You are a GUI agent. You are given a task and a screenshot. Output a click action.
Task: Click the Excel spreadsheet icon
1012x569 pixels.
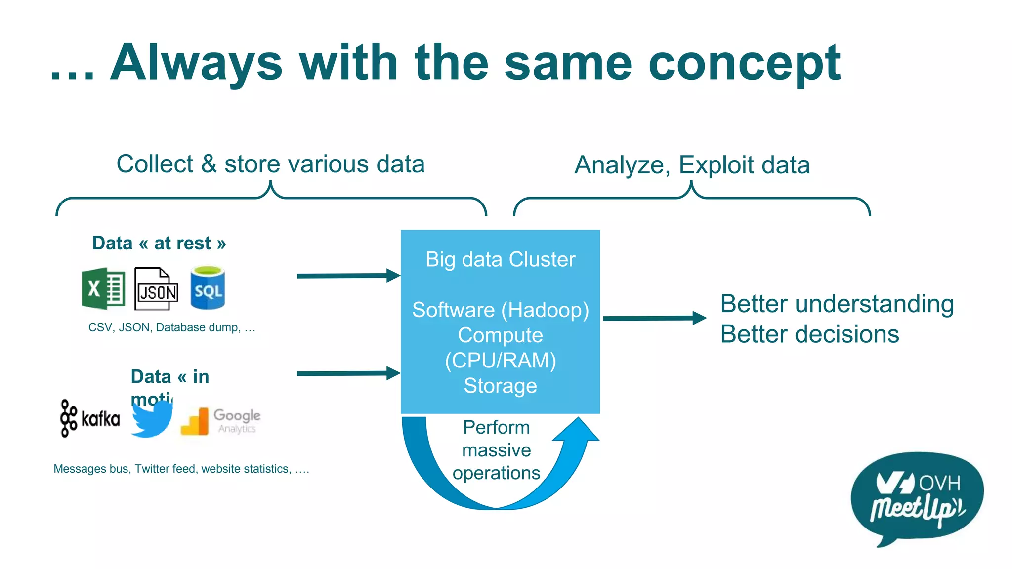[103, 288]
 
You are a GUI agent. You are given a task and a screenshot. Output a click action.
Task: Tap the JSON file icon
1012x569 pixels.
[156, 289]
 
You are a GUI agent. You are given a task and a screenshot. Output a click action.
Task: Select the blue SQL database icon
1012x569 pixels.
[208, 288]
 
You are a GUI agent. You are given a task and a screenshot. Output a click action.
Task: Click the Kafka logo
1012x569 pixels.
[90, 418]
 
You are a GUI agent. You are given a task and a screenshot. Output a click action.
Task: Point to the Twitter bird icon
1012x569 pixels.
[152, 419]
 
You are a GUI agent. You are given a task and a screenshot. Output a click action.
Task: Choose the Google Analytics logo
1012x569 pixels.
[221, 421]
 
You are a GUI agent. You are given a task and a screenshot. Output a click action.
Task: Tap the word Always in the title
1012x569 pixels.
[196, 63]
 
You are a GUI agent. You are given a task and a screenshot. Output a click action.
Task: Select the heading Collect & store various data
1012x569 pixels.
[270, 164]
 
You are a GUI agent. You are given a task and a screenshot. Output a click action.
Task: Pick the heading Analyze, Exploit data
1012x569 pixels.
[692, 165]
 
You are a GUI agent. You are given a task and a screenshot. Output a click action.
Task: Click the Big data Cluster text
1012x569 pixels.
[500, 259]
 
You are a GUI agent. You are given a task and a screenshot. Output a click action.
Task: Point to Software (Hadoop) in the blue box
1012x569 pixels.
[500, 310]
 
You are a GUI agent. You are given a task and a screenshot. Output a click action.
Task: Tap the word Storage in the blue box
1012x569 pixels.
[500, 386]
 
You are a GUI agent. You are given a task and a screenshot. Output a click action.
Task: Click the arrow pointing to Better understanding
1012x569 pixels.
[654, 318]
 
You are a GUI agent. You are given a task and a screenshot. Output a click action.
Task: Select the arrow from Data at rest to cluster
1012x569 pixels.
[348, 276]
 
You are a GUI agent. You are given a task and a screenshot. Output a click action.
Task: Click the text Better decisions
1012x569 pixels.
[809, 334]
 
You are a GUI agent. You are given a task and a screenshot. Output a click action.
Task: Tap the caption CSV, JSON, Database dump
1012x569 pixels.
[171, 327]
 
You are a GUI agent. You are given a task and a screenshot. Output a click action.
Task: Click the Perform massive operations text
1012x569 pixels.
[496, 450]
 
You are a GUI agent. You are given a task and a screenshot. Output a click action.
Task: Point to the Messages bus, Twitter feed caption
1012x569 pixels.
[181, 469]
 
